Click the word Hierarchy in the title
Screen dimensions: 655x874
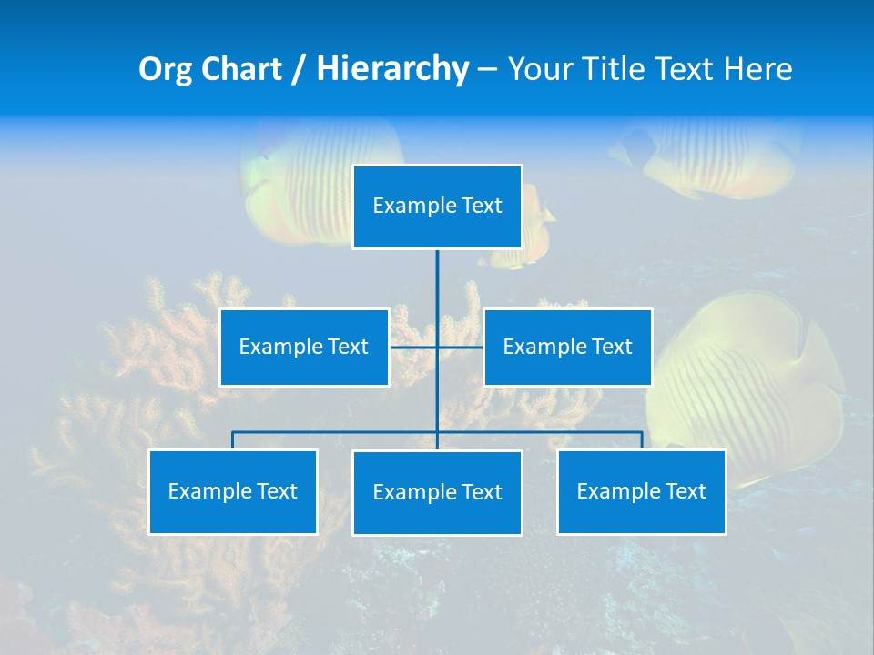392,69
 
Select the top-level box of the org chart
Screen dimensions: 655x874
437,207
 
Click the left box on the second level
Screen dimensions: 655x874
304,347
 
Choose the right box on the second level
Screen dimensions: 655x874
567,347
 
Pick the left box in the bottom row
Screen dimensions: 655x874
233,491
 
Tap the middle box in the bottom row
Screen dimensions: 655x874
437,492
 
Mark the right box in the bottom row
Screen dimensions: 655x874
641,491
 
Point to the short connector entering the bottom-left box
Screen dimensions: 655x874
233,440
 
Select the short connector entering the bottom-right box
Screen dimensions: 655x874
642,440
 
